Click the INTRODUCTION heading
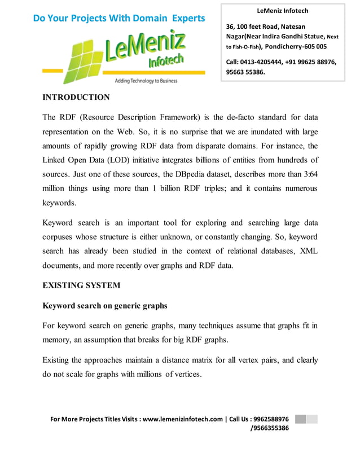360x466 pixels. coord(76,98)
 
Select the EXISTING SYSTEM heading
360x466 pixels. coord(81,285)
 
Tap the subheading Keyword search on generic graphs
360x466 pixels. coord(105,306)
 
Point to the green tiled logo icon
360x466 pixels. coord(84,61)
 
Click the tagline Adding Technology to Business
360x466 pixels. coord(146,81)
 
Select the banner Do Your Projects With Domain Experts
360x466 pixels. coord(118,19)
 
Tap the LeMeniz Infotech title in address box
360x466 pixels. coord(282,11)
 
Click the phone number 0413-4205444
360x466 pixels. coord(262,62)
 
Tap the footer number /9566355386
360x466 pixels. coord(269,428)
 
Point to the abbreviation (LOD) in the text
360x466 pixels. coord(121,160)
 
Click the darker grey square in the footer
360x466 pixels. coord(301,419)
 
